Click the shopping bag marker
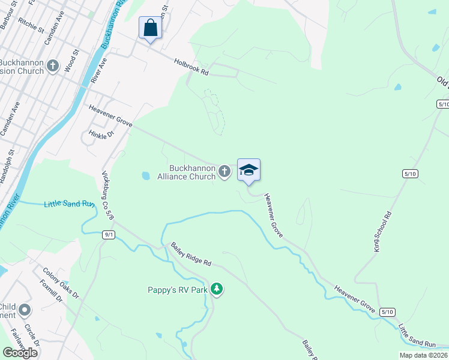(x=150, y=28)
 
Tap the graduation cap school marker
(x=249, y=170)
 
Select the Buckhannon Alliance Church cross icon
(x=224, y=172)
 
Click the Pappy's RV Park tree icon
(x=217, y=290)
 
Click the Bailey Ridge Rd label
(x=191, y=254)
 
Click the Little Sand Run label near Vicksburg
(x=69, y=204)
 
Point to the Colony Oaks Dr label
(x=59, y=283)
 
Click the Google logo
(x=20, y=352)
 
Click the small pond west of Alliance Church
(x=145, y=176)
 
